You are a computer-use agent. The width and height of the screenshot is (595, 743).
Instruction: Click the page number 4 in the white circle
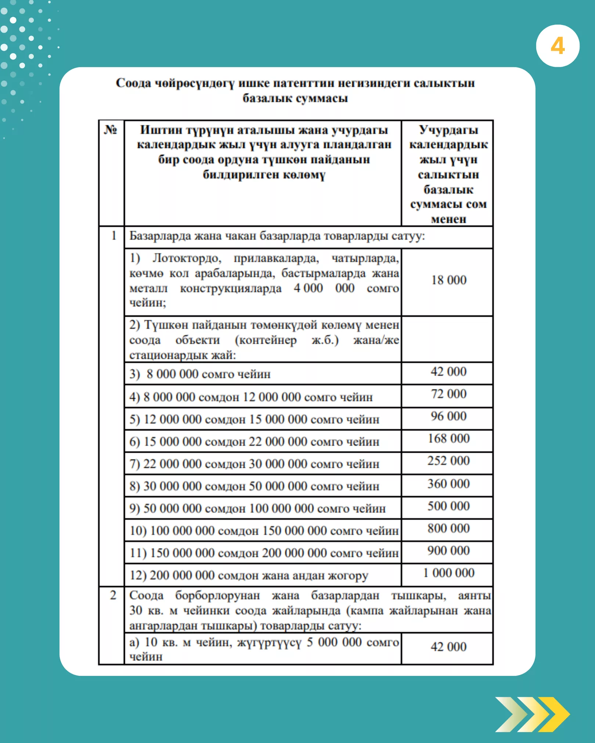coord(558,46)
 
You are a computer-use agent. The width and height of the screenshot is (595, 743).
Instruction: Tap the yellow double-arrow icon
coord(532,714)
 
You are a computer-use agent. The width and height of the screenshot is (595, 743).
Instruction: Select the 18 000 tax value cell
coord(448,280)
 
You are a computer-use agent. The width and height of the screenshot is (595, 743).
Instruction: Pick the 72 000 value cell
coord(448,394)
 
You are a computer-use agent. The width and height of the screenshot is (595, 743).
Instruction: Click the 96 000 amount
coord(448,416)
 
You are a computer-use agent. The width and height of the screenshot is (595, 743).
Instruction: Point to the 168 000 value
coord(448,438)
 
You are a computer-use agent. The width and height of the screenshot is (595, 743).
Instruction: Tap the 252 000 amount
coord(448,461)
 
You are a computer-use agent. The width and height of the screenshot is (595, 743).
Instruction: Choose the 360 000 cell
coord(448,484)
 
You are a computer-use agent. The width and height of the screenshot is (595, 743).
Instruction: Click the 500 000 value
coord(448,506)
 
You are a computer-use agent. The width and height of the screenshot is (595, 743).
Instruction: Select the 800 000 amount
coord(448,528)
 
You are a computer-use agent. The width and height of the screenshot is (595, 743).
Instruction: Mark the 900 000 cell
coord(448,551)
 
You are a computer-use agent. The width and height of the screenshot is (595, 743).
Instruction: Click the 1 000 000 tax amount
coord(448,573)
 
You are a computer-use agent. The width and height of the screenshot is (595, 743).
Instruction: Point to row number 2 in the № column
coord(113,595)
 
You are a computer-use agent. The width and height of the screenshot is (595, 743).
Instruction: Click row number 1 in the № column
coord(113,236)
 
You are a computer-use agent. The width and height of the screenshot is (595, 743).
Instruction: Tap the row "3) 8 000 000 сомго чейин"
coord(200,374)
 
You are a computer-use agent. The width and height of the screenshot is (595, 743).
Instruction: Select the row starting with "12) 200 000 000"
coord(249,575)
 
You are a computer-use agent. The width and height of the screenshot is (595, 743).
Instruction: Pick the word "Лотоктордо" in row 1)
coord(187,258)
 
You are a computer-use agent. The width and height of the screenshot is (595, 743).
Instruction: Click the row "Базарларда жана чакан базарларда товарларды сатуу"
coord(277,236)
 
